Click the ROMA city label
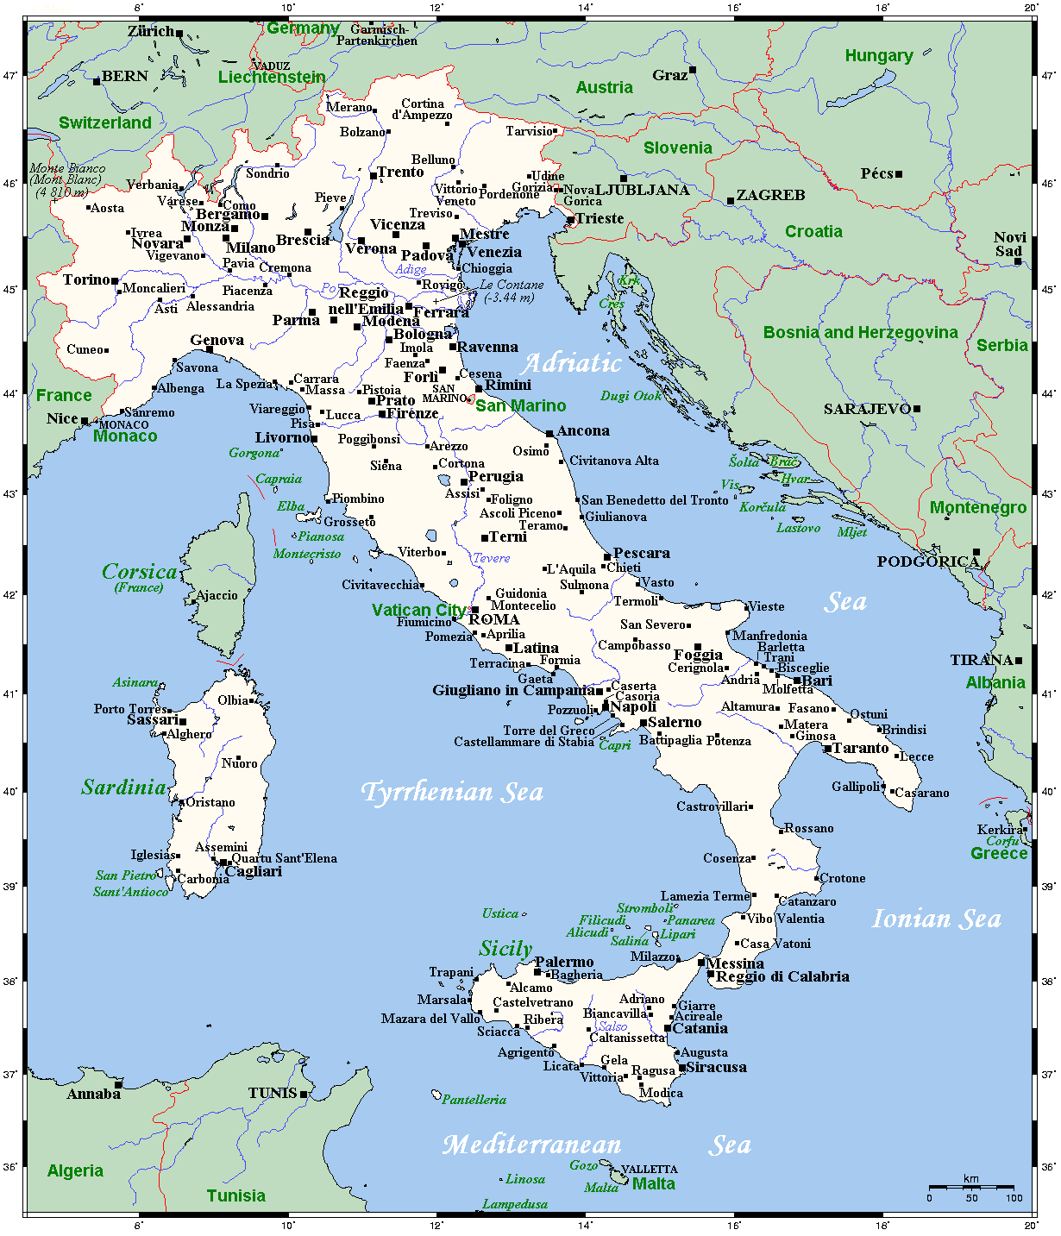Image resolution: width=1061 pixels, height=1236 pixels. [494, 619]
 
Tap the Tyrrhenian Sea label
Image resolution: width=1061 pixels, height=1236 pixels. [452, 792]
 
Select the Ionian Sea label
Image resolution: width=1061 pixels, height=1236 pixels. [937, 919]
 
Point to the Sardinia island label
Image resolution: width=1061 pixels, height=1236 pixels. [123, 787]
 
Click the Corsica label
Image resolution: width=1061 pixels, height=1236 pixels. [139, 572]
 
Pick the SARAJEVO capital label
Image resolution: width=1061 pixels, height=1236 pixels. [867, 409]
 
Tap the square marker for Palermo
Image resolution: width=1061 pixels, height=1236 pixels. [537, 972]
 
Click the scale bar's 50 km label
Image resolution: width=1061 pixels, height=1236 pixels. [971, 1198]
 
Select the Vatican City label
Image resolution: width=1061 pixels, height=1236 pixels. [418, 610]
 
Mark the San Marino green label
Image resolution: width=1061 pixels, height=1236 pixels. [521, 405]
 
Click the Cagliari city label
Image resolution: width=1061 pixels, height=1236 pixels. [254, 871]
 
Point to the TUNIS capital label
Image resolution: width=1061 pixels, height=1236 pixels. [273, 1093]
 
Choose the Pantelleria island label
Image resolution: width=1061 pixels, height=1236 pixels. [474, 1100]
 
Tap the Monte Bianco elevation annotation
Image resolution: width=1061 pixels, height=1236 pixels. [67, 180]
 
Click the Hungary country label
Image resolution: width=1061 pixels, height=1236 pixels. [878, 56]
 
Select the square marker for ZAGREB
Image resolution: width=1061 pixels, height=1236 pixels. [731, 201]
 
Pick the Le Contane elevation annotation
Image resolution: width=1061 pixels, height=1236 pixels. [512, 291]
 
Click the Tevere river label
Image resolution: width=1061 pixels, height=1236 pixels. [491, 558]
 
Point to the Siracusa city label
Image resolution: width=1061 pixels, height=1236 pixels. [716, 1067]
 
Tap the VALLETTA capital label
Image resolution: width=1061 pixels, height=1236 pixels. [649, 1170]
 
